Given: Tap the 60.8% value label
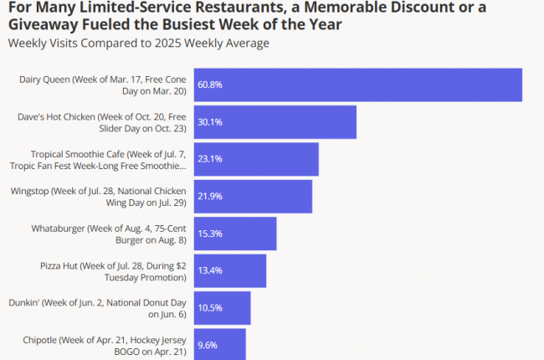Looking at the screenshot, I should coord(209,85).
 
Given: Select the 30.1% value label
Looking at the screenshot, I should coord(209,122).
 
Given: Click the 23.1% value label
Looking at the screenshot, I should coord(209,159).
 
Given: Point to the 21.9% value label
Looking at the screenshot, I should coord(209,196).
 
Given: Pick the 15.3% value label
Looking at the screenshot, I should coord(209,234).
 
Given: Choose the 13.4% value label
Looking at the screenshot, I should coord(209,270).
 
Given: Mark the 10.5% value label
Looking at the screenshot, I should coord(209,307).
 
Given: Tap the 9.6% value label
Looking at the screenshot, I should coord(207,343).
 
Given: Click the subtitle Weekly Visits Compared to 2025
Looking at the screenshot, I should coord(139,42).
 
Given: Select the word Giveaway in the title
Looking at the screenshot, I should coord(37,24).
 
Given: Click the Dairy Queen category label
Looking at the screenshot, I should coord(102,85).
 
